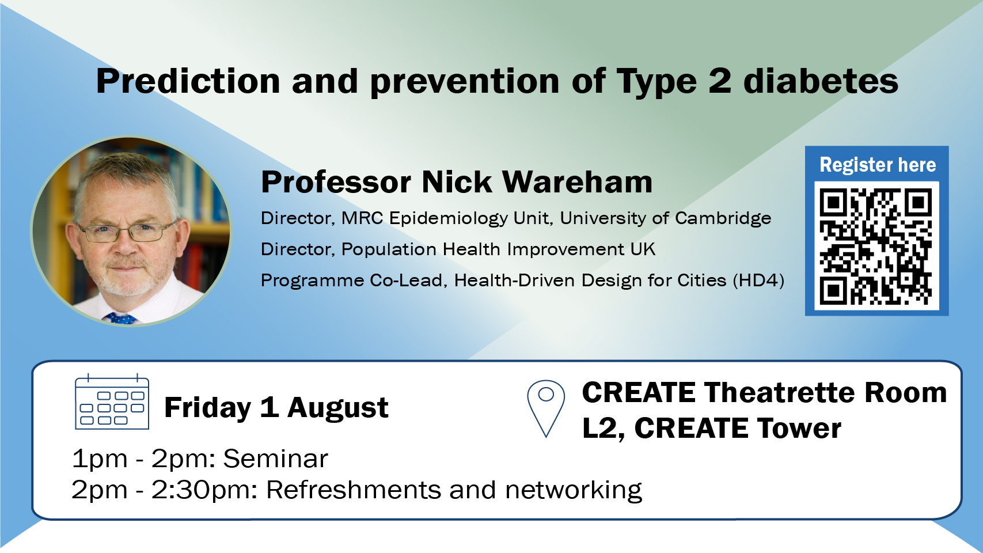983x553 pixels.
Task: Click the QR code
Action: [876, 247]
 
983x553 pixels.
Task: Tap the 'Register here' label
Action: [878, 165]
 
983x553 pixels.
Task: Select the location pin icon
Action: [546, 408]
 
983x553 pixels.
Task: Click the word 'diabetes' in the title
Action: [821, 81]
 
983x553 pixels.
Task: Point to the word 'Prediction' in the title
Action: [188, 81]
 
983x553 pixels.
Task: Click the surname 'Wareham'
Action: [577, 181]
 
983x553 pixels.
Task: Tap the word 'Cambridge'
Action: [723, 218]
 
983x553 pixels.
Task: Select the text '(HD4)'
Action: [758, 281]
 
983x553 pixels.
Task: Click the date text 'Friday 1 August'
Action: [276, 408]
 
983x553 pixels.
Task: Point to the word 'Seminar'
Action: [276, 459]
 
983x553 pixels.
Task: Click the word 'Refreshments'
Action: [353, 490]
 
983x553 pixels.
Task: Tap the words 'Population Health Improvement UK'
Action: [498, 249]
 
